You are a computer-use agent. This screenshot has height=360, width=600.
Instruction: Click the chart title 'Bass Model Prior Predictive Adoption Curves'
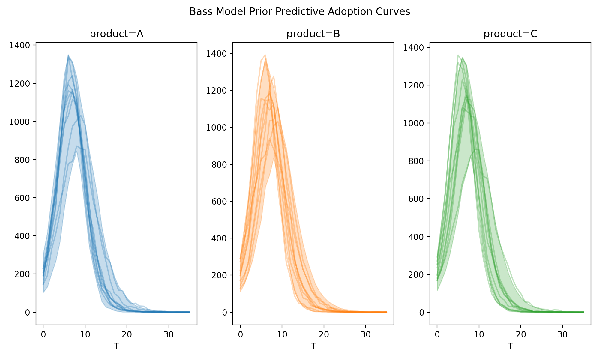300,12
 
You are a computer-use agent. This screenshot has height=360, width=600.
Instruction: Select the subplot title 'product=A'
116,34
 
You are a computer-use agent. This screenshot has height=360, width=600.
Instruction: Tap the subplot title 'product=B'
313,34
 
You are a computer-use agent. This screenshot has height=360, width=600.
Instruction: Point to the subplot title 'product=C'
510,34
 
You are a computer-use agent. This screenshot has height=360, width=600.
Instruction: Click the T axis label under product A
116,346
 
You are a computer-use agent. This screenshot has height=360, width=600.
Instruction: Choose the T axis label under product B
313,346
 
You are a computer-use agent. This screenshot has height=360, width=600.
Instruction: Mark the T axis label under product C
510,346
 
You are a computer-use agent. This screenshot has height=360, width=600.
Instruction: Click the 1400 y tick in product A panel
19,46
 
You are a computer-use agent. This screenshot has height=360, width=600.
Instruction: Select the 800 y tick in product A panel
22,160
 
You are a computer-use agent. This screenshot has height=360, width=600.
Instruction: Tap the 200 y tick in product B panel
219,275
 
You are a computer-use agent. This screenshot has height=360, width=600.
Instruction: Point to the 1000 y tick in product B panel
217,127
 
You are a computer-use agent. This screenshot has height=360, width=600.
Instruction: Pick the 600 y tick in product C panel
416,199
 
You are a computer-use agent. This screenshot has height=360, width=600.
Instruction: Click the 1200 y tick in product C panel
413,85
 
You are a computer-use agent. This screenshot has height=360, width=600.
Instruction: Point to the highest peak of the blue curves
68,55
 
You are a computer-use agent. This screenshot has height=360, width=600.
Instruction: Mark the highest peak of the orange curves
265,55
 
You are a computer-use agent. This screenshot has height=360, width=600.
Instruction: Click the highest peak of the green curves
458,55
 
